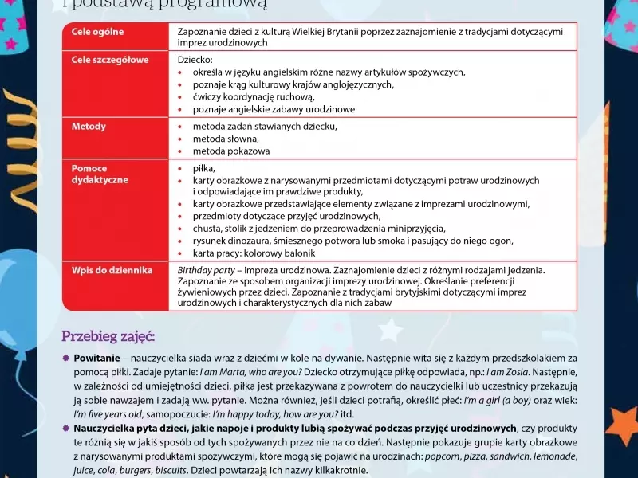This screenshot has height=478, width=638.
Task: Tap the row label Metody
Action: (x=89, y=127)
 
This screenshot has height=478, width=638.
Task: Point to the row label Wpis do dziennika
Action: (x=112, y=271)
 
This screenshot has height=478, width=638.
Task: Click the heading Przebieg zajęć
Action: (x=108, y=336)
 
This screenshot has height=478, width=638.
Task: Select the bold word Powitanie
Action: (x=96, y=358)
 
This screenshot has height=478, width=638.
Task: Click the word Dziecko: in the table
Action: (x=194, y=60)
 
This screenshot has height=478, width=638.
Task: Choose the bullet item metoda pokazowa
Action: (x=231, y=151)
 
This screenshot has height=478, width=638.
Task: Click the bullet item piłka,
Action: (x=204, y=168)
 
